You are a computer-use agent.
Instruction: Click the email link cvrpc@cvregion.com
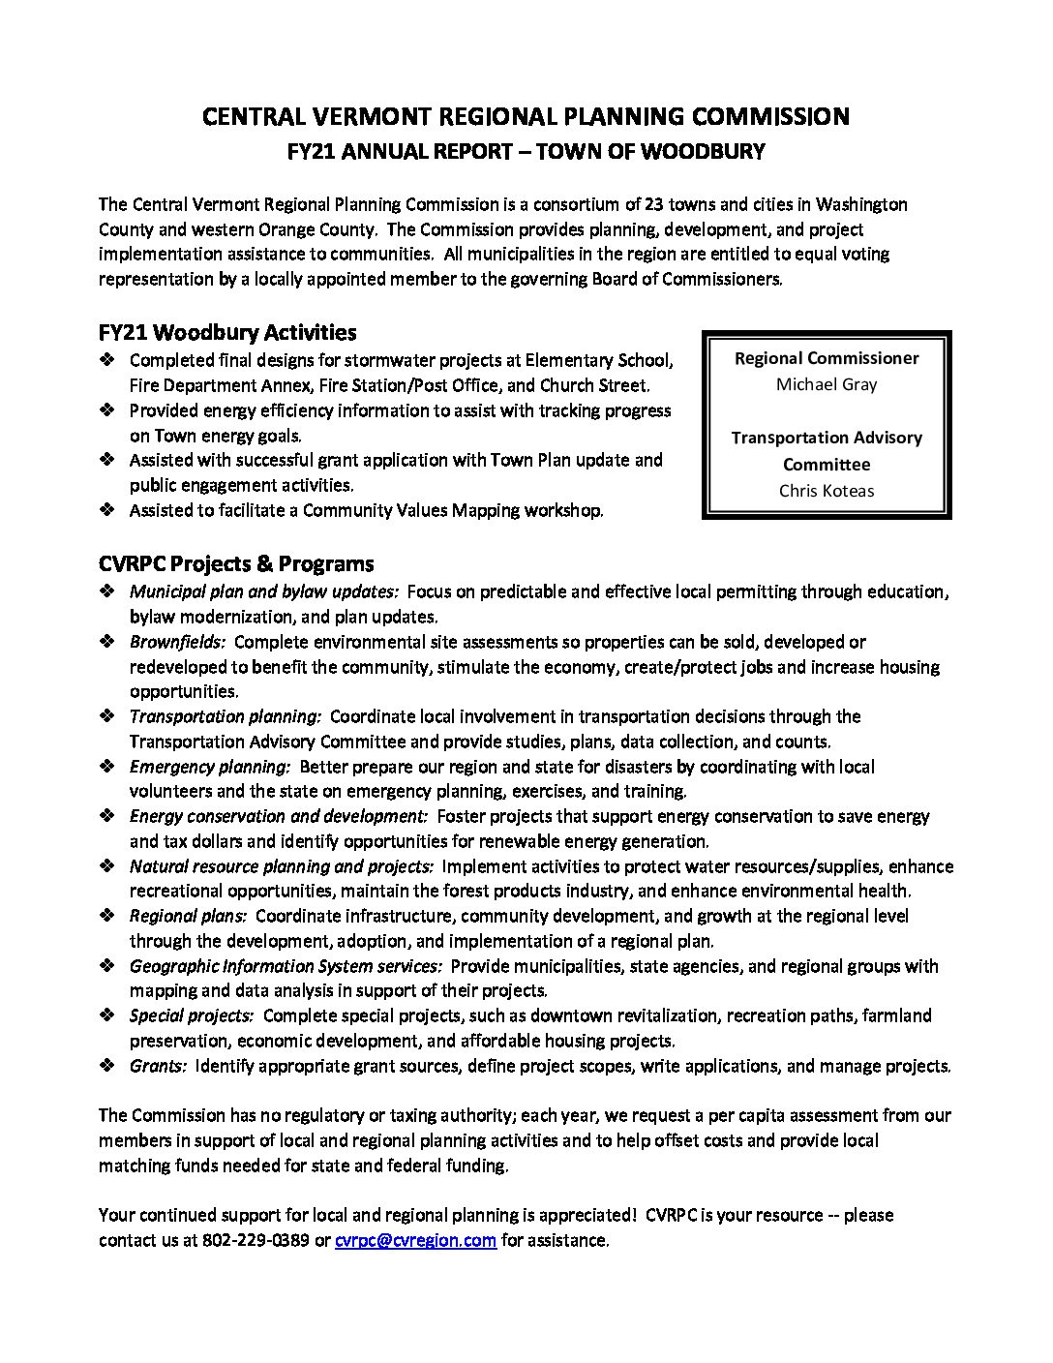(415, 1240)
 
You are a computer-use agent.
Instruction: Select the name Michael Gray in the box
(827, 384)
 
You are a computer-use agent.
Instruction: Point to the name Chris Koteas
(827, 491)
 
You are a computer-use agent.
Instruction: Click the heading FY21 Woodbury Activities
(227, 332)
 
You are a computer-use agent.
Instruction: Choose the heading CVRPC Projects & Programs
(236, 563)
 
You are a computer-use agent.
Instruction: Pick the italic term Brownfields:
(178, 642)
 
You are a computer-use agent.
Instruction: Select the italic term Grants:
(159, 1066)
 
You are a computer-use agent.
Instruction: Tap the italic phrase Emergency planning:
(210, 767)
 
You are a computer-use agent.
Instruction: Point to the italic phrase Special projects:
(192, 1015)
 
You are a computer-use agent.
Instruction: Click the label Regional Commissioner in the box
(827, 358)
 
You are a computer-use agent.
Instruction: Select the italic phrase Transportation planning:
(226, 716)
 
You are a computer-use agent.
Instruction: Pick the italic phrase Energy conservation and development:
(279, 816)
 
